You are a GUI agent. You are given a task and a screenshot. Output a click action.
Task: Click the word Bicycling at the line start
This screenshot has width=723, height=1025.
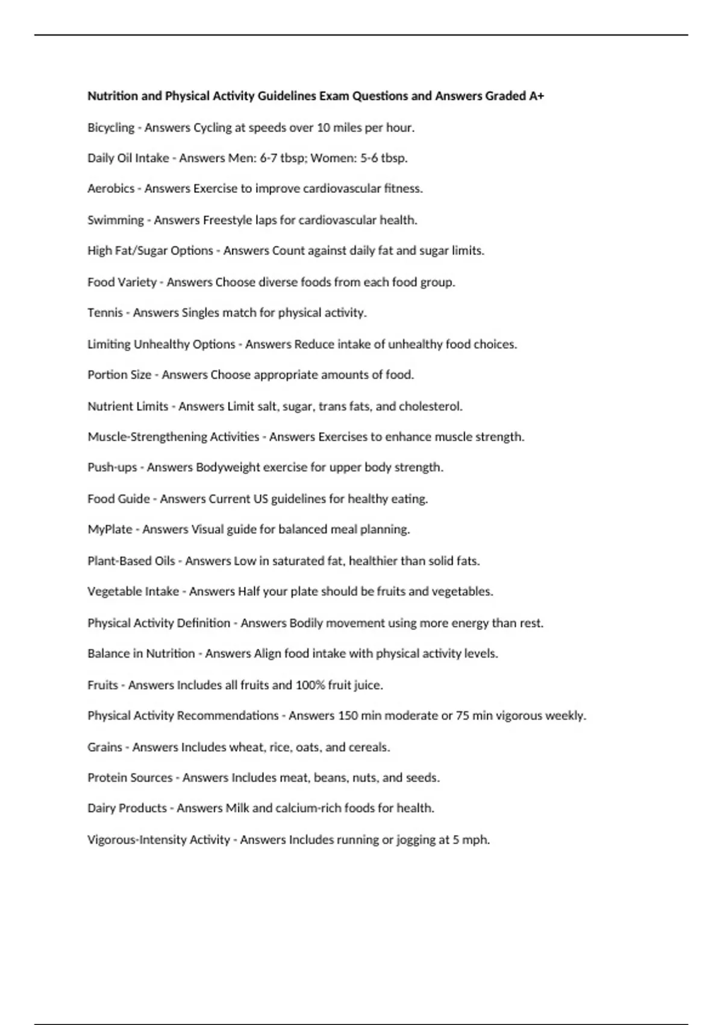[111, 128]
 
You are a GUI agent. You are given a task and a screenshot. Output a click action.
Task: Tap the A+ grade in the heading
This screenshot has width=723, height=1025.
[536, 96]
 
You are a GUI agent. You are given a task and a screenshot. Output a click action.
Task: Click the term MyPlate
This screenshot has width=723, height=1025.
[110, 529]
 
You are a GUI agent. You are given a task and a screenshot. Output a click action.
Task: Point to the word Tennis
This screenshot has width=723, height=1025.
[105, 313]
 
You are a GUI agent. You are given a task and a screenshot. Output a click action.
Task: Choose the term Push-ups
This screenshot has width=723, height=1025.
[112, 467]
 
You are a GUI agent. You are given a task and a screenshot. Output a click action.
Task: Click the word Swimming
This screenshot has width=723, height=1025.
[116, 220]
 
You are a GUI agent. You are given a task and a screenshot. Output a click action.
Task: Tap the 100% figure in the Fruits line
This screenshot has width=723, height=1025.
[311, 685]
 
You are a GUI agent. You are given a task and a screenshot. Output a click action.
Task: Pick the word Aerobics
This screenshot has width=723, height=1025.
[111, 189]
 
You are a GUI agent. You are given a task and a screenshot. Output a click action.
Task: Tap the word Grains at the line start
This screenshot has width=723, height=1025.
[105, 747]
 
